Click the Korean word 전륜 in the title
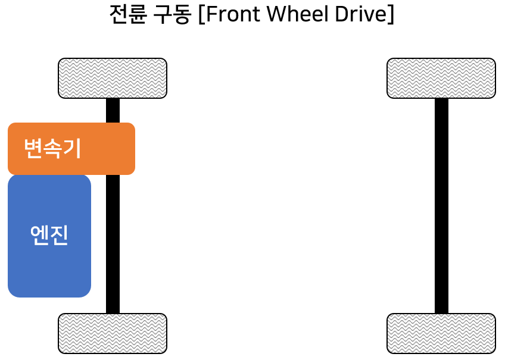pos(129,14)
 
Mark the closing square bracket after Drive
pos(390,15)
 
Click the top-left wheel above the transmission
pos(113,78)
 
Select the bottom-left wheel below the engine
pos(113,333)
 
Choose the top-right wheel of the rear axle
pos(441,78)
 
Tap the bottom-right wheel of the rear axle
pos(441,333)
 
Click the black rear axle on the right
pos(441,205)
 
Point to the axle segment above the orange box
pos(113,110)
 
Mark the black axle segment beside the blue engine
pos(113,244)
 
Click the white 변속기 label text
pos(52,148)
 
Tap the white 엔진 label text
pos(49,236)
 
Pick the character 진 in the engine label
pos(59,236)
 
